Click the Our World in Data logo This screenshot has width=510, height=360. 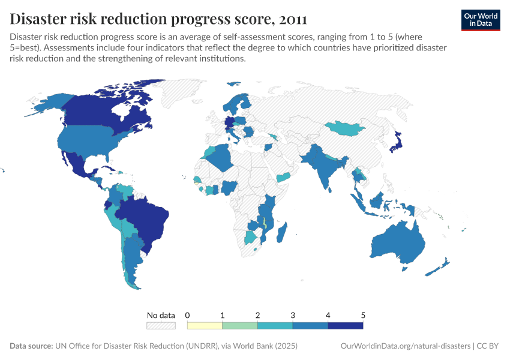point(481,20)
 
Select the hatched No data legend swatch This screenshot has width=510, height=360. point(161,325)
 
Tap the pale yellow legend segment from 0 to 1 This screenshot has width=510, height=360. point(205,325)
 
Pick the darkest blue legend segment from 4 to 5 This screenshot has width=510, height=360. point(346,325)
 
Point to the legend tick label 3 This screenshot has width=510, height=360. point(293,315)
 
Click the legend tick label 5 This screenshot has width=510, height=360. point(363,315)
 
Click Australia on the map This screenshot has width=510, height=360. point(399,243)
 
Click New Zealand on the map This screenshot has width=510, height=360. point(440,267)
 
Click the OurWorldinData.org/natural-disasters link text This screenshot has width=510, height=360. point(405,346)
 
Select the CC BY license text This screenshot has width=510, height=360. point(488,346)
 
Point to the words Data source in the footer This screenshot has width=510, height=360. point(31,346)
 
